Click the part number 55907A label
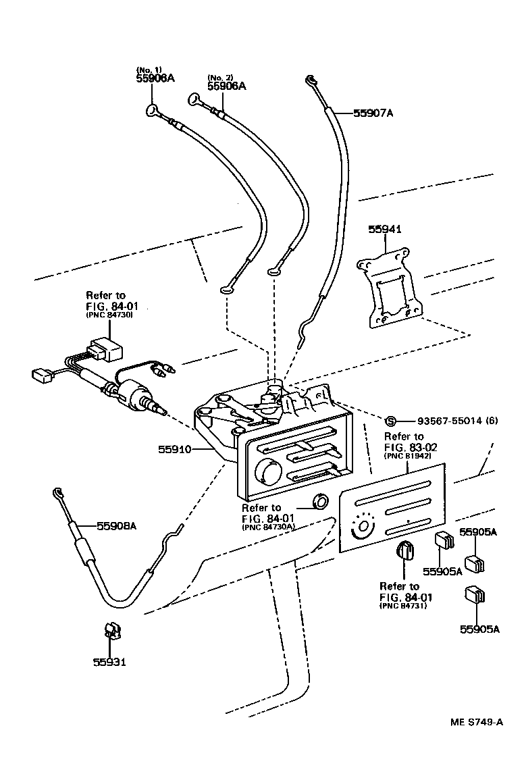373,113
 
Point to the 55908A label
116,525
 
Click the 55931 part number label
109,662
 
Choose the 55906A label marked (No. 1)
155,78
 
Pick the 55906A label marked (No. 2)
226,86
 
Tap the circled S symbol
390,421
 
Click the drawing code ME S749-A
477,722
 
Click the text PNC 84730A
269,528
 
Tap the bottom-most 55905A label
479,629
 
